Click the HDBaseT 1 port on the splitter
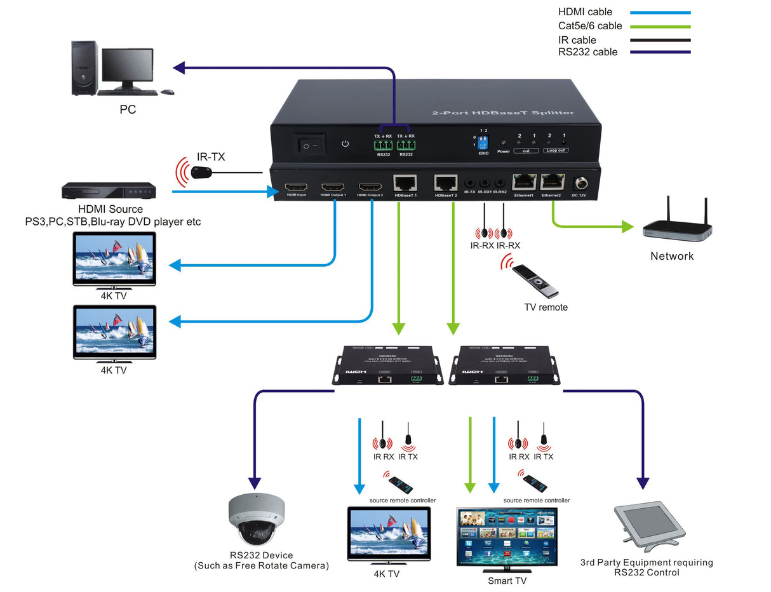tap(405, 183)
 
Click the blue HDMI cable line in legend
tap(660, 12)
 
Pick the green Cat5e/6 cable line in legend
tap(660, 26)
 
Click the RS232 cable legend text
tap(587, 52)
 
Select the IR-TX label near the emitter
tap(210, 156)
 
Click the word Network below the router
tap(672, 256)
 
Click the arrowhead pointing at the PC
tap(179, 67)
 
